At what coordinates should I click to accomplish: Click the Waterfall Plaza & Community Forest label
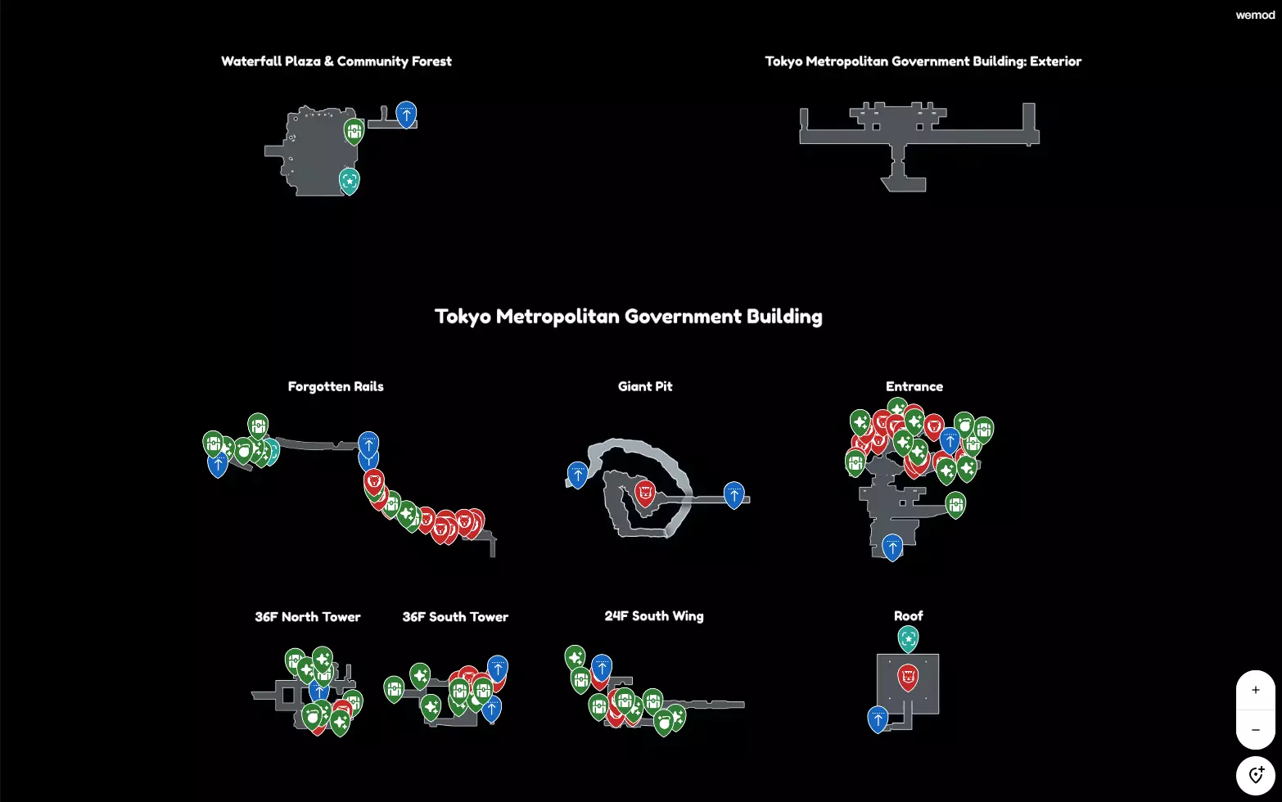(336, 61)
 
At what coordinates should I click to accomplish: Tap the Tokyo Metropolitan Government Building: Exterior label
(923, 61)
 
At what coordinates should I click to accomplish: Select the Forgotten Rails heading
(336, 386)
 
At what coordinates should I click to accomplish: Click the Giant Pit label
(645, 386)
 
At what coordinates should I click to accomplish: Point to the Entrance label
(914, 386)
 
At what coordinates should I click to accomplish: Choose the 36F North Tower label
(307, 617)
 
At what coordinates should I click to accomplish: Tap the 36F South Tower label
(455, 617)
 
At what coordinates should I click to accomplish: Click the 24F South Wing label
(654, 616)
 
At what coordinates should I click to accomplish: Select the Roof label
(908, 616)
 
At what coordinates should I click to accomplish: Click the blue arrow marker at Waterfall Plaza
(406, 114)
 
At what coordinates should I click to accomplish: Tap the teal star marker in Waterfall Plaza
(350, 180)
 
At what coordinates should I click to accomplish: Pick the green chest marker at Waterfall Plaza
(354, 130)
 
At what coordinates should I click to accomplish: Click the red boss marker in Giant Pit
(645, 492)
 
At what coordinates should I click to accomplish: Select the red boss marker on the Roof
(908, 676)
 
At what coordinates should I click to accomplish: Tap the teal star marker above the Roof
(908, 638)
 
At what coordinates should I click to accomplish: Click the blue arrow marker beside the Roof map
(878, 719)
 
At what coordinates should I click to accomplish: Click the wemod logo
(1255, 15)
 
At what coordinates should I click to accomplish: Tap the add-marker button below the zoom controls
(1255, 775)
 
